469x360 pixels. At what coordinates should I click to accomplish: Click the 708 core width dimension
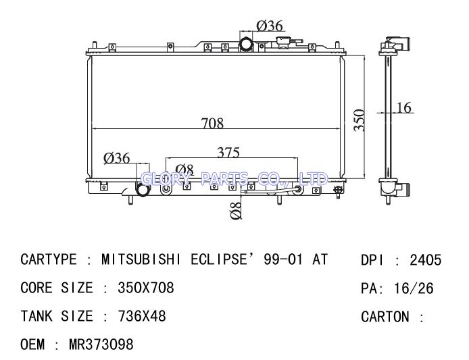212,123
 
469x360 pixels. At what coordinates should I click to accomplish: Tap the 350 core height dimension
359,120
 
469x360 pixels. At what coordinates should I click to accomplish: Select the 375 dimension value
228,152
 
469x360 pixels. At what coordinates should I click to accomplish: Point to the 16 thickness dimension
404,107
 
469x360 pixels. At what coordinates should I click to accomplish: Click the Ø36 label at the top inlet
270,26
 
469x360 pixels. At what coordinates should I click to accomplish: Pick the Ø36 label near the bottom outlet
117,158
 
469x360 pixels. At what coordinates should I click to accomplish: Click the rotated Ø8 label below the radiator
236,210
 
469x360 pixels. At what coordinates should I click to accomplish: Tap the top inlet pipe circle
246,44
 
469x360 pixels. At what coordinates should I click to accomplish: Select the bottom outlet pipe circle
143,189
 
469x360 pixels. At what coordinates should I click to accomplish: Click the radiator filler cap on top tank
284,42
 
